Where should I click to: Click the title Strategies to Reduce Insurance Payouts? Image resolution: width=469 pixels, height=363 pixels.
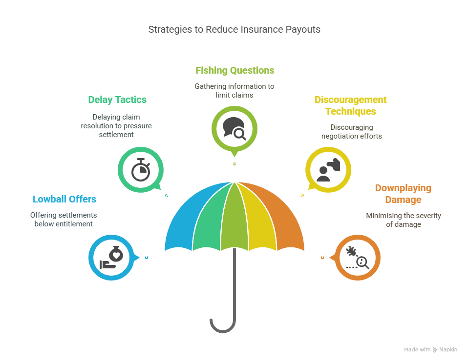[x=234, y=29]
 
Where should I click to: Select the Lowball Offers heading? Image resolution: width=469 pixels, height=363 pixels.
[x=64, y=199]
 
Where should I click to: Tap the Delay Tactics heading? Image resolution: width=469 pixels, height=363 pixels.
[x=117, y=100]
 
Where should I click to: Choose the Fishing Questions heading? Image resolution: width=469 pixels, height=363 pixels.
[x=234, y=70]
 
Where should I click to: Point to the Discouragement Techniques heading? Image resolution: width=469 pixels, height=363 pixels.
[x=350, y=105]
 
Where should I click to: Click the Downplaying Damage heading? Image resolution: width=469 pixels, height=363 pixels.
[x=403, y=194]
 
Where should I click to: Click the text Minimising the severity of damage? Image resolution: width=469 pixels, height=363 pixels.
[x=403, y=220]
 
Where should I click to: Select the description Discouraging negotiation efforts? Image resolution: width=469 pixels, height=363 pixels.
[x=351, y=132]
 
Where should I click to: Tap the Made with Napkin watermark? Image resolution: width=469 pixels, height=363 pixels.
[x=430, y=350]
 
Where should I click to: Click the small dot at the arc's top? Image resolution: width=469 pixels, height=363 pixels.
[x=234, y=164]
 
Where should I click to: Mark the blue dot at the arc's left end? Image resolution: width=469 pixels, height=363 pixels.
[x=147, y=257]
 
